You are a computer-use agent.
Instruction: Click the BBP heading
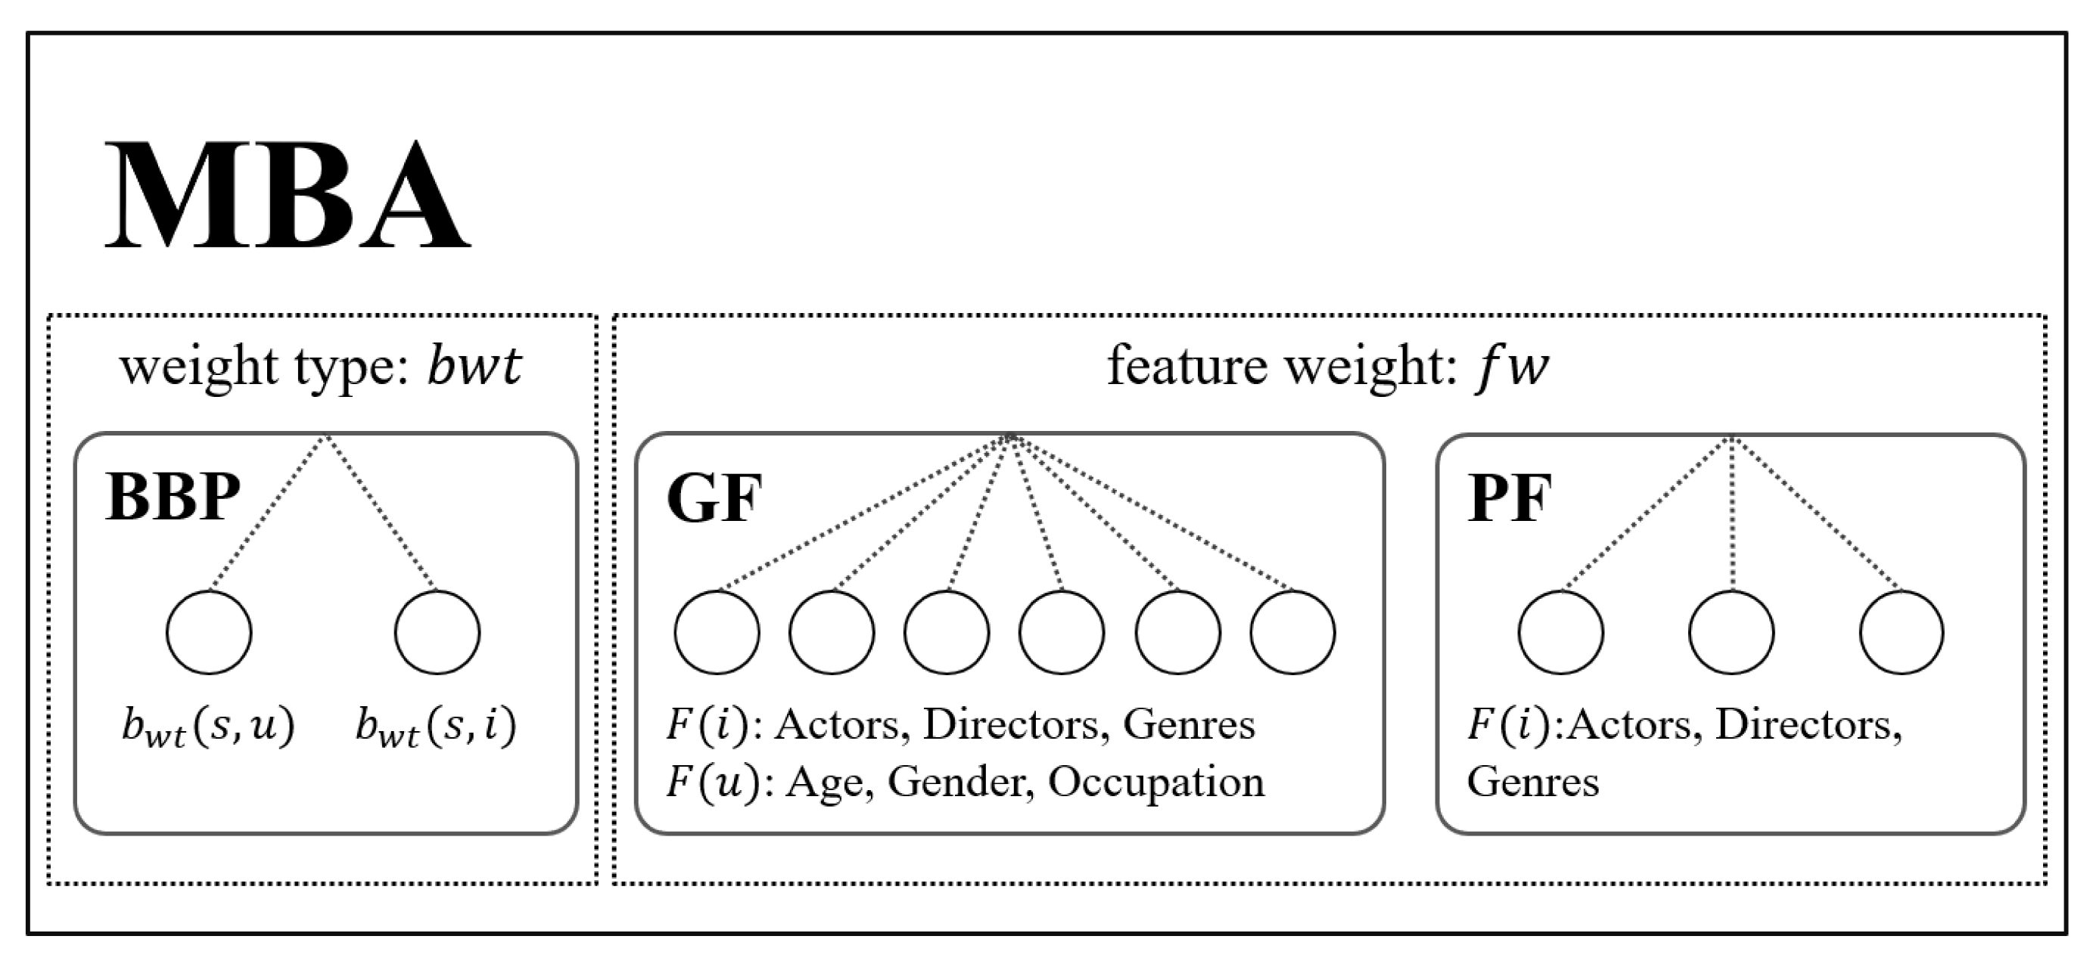(173, 497)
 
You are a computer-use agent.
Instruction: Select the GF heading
(714, 498)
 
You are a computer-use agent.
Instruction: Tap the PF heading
(1510, 498)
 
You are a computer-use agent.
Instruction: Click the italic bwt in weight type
(474, 367)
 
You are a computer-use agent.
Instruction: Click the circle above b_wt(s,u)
(210, 632)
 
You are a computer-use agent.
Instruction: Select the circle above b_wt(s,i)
(437, 632)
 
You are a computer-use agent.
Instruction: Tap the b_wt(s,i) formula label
(436, 727)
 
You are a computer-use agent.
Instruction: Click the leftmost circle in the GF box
(717, 632)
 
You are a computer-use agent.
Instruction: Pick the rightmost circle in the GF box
(1292, 632)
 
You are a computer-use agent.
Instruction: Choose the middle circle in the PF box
(1731, 632)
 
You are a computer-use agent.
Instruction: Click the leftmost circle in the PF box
(1561, 632)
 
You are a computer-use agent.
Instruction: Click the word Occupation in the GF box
(1156, 783)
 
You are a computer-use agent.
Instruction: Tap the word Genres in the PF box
(1532, 783)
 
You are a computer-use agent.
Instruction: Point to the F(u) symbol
(712, 783)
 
